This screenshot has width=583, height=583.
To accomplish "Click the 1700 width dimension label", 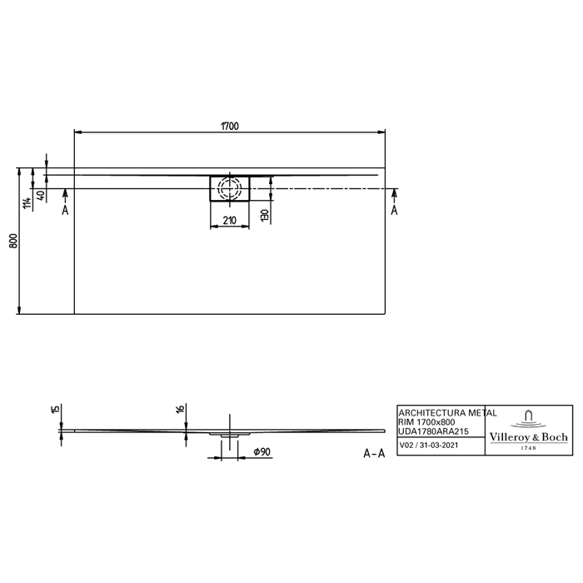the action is coord(230,126).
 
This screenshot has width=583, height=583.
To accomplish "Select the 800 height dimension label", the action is coord(14,241).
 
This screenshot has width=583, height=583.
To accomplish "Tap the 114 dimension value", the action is coord(27,203).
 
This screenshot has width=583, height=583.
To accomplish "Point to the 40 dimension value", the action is coord(41,195).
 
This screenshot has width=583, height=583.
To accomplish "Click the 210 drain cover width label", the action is coord(229,221).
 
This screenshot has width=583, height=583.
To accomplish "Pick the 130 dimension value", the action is coord(264,215).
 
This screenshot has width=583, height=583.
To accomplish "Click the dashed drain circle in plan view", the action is coord(230,187).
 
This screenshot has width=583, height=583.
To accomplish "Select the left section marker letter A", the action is coord(65,211).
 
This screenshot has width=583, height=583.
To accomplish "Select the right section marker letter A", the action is coord(394,211).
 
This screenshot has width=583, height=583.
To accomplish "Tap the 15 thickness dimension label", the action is coord(55,409).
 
